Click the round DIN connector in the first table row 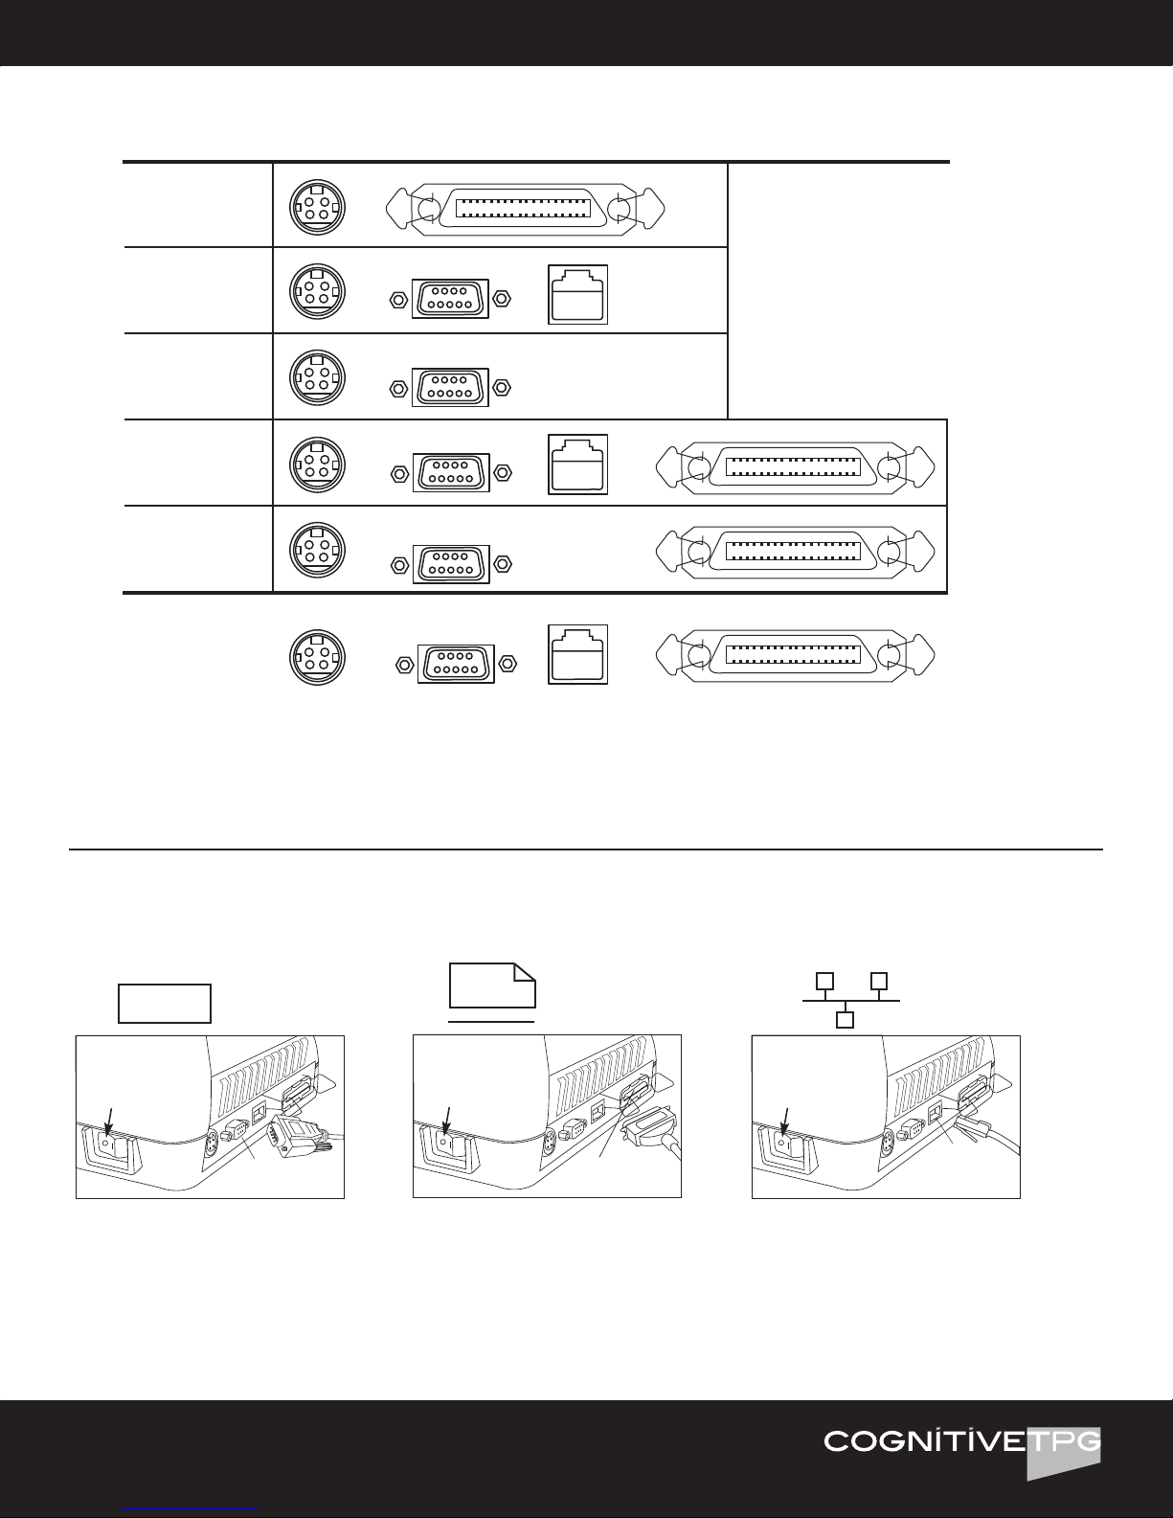pyautogui.click(x=318, y=207)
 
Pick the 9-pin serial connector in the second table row pyautogui.click(x=449, y=298)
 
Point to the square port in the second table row pyautogui.click(x=578, y=294)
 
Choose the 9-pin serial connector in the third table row pyautogui.click(x=449, y=387)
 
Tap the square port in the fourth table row pyautogui.click(x=578, y=464)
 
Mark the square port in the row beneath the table pyautogui.click(x=578, y=655)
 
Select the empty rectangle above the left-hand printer pyautogui.click(x=164, y=1003)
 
